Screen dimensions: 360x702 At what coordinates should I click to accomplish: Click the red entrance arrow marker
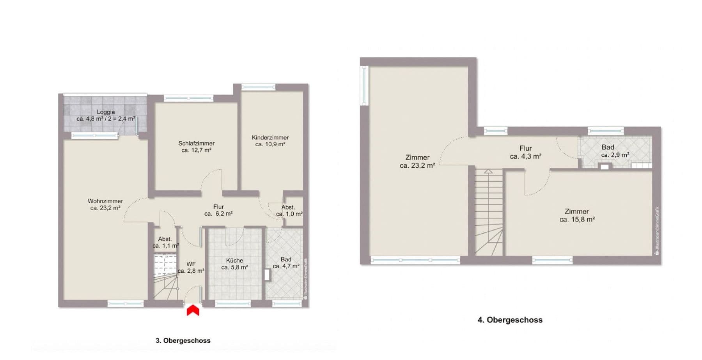click(x=193, y=310)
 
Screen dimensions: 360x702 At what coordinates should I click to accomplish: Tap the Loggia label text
click(x=106, y=112)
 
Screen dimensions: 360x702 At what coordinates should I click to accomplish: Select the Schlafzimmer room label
click(x=197, y=143)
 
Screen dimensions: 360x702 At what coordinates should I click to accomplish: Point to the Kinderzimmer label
click(x=270, y=137)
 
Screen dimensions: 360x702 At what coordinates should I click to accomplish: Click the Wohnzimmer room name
click(x=105, y=201)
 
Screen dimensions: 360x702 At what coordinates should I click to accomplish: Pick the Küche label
click(x=234, y=260)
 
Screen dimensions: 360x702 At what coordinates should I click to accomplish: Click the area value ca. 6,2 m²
click(x=218, y=214)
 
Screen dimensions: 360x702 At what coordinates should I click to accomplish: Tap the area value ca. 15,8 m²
click(x=577, y=220)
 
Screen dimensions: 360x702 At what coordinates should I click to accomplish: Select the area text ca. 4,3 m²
click(x=525, y=156)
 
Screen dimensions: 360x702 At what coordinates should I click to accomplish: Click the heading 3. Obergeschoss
click(x=183, y=340)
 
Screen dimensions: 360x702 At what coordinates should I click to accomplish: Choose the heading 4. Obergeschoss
click(x=510, y=320)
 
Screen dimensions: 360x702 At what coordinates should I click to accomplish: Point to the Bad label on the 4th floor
click(x=608, y=147)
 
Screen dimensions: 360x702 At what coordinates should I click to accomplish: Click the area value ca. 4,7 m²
click(x=286, y=266)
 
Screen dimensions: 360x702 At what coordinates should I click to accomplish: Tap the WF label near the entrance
click(x=191, y=264)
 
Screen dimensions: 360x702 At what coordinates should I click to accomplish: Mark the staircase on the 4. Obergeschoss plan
click(x=488, y=213)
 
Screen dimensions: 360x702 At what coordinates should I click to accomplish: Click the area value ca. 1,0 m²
click(x=289, y=214)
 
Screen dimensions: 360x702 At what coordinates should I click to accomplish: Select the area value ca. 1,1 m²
click(x=165, y=246)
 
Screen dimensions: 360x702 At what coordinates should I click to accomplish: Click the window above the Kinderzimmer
click(x=258, y=87)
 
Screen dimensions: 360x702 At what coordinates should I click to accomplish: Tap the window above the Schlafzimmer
click(x=188, y=98)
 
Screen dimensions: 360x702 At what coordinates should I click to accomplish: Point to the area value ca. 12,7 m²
click(x=197, y=150)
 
